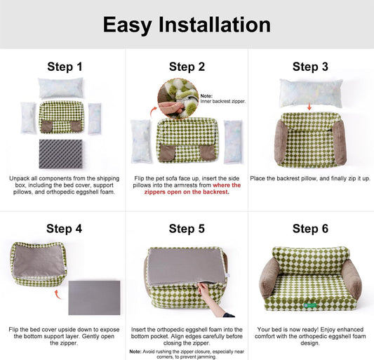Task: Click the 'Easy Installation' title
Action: (187, 25)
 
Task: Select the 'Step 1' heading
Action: (65, 67)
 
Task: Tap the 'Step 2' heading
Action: (187, 67)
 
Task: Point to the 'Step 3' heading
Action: (309, 67)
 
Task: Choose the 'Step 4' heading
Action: (65, 228)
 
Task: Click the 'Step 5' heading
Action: (187, 228)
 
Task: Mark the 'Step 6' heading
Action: (309, 228)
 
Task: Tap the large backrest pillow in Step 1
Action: (60, 88)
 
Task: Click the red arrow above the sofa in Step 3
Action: (310, 108)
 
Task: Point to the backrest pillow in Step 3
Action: (310, 91)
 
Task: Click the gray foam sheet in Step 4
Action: (93, 297)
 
